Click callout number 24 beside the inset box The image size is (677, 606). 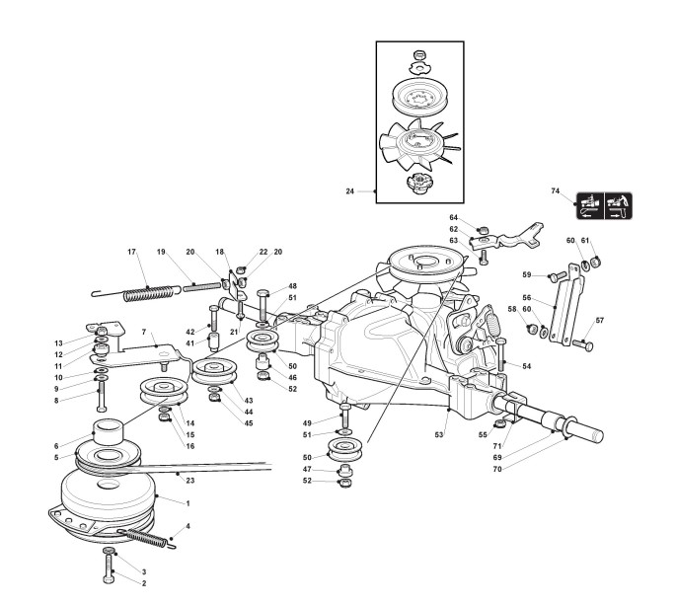[350, 191]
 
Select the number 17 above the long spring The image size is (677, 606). [131, 252]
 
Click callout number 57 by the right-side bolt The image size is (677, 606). [599, 320]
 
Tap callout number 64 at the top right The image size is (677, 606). [454, 217]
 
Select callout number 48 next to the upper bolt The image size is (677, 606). [292, 286]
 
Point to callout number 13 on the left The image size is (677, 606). [59, 342]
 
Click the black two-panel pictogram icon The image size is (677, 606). [604, 204]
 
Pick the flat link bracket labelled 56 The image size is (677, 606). [562, 306]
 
